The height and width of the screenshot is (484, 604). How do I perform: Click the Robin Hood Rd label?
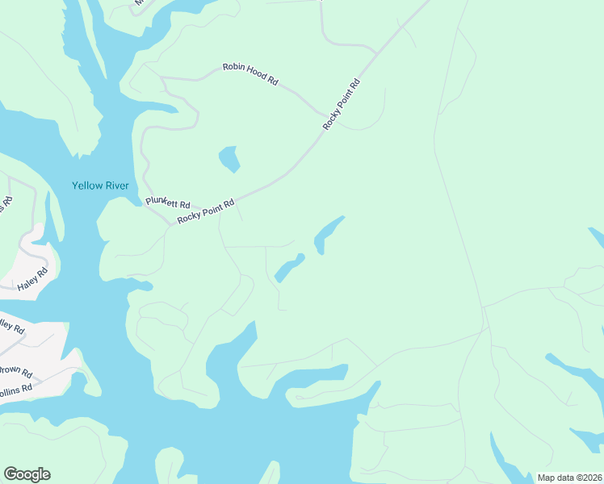tap(250, 74)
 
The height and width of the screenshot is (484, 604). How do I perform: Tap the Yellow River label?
tap(100, 186)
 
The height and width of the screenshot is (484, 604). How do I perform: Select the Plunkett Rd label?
tap(168, 203)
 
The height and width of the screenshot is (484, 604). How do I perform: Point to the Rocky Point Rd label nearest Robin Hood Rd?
tap(341, 105)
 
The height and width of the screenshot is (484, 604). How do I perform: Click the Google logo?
tap(27, 474)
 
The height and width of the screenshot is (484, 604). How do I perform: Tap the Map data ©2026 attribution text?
tap(569, 478)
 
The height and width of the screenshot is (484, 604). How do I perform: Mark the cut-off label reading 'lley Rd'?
tap(12, 327)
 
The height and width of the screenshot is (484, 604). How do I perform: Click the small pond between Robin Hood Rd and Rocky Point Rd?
tap(229, 158)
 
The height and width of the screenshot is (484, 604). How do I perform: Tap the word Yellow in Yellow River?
tap(86, 186)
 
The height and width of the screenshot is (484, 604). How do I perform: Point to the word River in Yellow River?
tap(115, 186)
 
